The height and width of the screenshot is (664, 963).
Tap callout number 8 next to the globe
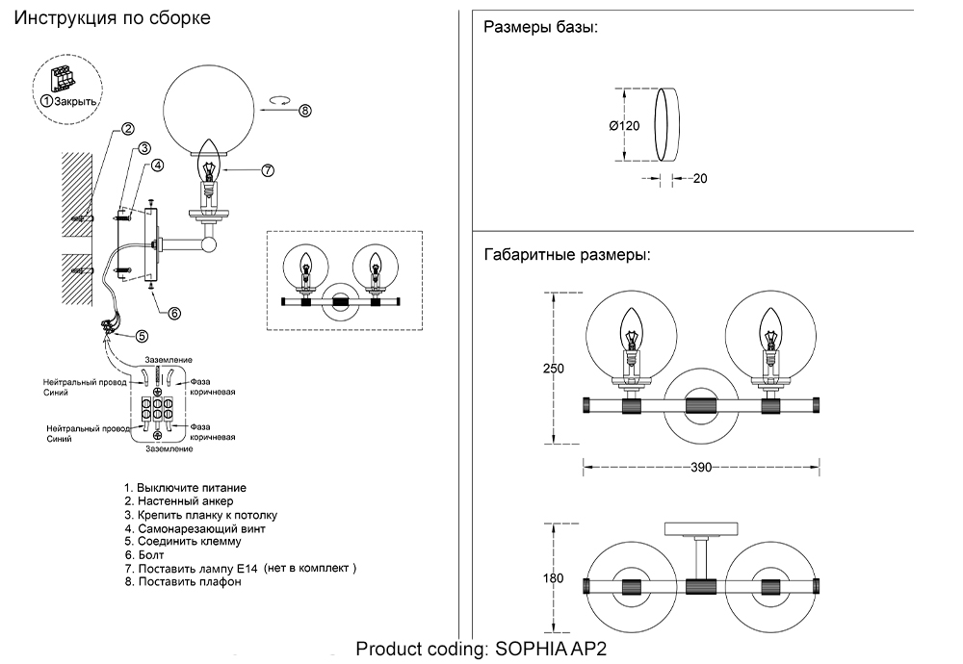click(304, 110)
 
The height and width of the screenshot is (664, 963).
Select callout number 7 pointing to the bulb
click(268, 170)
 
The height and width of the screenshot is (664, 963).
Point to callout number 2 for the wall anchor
click(127, 129)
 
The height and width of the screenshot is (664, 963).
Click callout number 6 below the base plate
click(174, 312)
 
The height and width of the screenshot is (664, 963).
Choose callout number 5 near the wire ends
click(142, 336)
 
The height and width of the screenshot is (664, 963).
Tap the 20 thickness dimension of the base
click(699, 178)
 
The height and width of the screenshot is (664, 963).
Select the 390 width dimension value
click(700, 468)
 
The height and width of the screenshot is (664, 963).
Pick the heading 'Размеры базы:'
click(540, 27)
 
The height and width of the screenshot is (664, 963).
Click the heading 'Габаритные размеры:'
click(566, 256)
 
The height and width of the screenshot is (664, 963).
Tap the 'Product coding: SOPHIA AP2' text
click(482, 650)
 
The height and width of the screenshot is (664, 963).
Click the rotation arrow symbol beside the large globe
click(280, 99)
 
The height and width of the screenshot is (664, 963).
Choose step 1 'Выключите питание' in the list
click(185, 488)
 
